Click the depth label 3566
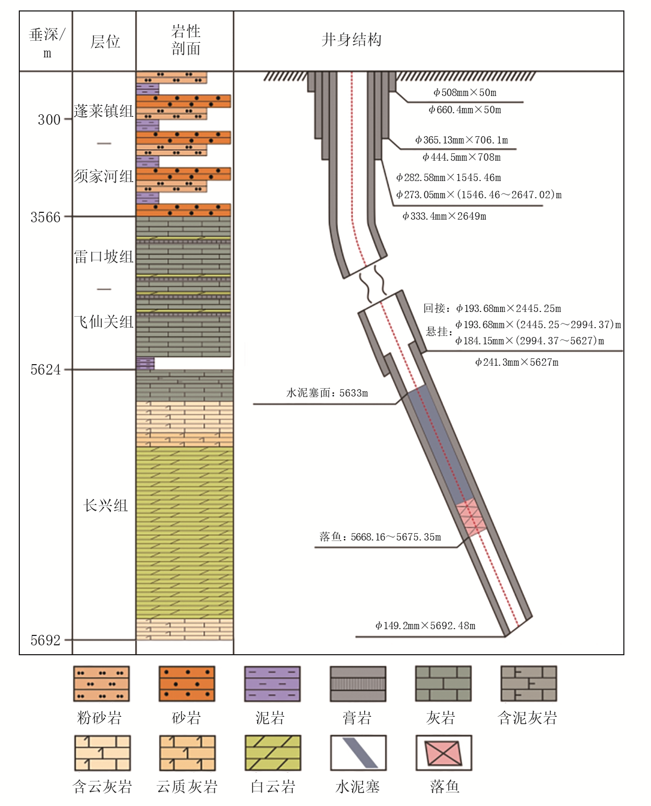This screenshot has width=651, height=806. pos(45,217)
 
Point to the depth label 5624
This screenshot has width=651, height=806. pos(45,370)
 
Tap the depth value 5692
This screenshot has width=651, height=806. pos(45,640)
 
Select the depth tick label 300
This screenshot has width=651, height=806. pos(49,119)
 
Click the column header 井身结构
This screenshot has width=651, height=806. pos(352,40)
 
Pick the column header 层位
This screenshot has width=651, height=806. pos(105,42)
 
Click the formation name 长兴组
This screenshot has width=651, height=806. pos(105,506)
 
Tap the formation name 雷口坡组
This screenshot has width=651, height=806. pos(104,257)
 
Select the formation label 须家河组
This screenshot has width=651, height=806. pos(104,176)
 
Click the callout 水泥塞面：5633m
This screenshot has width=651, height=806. pos(327,393)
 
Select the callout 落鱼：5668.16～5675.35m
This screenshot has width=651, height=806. pos(380,537)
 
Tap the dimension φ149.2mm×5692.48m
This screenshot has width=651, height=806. pos(425,625)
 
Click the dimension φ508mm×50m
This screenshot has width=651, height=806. pos(465,92)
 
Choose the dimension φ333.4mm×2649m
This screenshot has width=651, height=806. pos(444,216)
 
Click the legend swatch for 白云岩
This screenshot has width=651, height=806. pos(273,753)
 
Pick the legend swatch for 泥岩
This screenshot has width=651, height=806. pos(272,684)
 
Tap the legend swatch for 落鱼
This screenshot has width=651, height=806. pos(444,753)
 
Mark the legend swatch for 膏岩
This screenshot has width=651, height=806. pos(358,684)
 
